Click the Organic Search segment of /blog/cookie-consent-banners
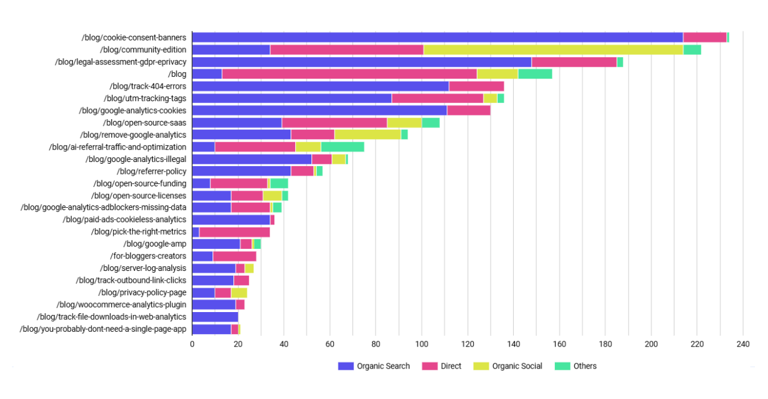pos(438,38)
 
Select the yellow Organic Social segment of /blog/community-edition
pos(553,49)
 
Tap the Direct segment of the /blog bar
pos(349,74)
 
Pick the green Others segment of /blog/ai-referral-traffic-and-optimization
pos(342,146)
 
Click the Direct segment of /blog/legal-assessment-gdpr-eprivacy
pos(574,62)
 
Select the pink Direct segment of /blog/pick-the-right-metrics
pos(235,232)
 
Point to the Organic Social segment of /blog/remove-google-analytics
pos(367,135)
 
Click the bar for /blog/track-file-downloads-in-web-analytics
pos(215,317)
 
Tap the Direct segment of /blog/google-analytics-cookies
pos(469,110)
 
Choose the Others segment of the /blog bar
pos(535,74)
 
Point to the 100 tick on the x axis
pos(422,344)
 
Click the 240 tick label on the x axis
pos(742,344)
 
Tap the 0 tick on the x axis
pos(192,344)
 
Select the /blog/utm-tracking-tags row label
pos(145,98)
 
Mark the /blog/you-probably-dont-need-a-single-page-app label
pos(103,329)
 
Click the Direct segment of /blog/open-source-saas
pos(335,123)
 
